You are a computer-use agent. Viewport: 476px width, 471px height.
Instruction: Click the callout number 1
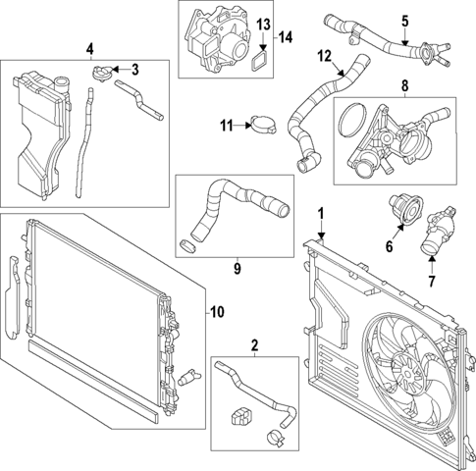coord(319,213)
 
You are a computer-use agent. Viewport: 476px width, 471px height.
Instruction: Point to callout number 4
coord(90,48)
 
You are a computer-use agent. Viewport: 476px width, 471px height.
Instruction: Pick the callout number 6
coord(389,247)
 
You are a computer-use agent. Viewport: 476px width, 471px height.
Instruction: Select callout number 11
coord(225,124)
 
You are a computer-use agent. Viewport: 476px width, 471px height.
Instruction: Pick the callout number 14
coord(285,37)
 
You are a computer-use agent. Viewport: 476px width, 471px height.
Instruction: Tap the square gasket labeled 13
coord(260,59)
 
